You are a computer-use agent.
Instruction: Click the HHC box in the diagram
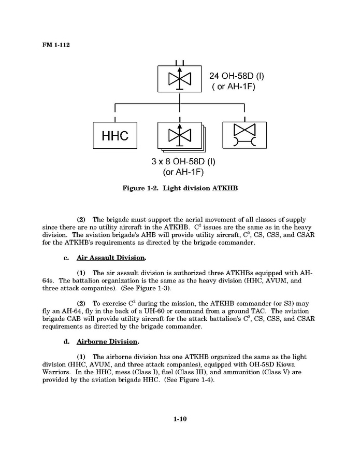point(114,136)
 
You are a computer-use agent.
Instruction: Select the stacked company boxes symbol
point(180,137)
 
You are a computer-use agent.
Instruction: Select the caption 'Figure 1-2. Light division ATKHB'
point(180,188)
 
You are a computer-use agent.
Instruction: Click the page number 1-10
point(180,419)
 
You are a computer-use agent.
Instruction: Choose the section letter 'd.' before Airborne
point(67,342)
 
